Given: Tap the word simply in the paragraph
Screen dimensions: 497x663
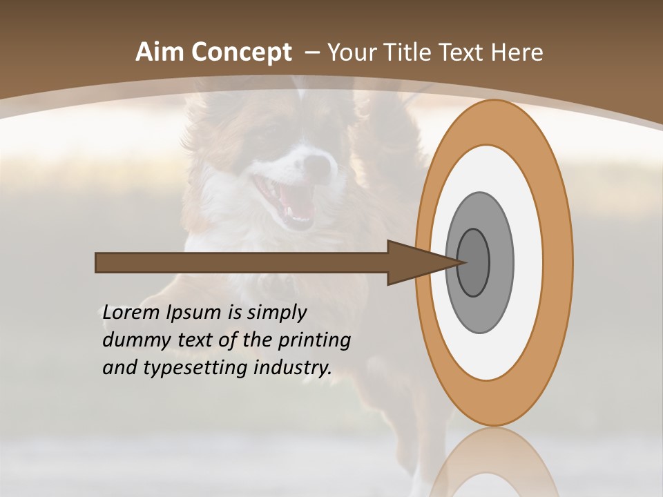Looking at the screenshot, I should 276,312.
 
